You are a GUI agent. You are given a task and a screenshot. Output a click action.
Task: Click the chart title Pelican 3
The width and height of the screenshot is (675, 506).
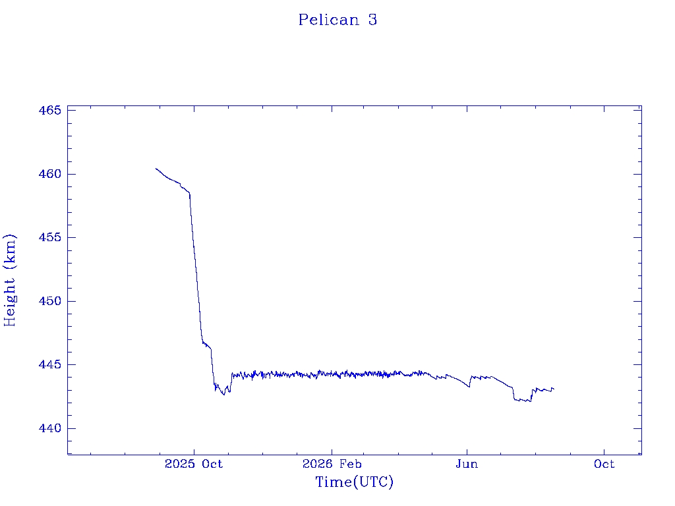coord(337,20)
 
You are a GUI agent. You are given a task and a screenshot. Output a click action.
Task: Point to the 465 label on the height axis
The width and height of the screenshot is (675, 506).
coord(50,110)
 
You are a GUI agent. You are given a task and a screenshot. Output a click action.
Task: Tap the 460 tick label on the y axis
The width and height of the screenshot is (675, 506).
coord(50,174)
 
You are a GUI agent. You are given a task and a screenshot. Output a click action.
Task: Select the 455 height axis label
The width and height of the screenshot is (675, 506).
coord(50,237)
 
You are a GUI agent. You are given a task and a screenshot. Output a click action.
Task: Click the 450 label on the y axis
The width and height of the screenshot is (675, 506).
coord(50,300)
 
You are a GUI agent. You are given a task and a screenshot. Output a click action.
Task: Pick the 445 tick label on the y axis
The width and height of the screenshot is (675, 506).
coord(50,364)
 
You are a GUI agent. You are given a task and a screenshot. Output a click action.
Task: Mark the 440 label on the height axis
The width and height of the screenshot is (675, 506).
coord(50,428)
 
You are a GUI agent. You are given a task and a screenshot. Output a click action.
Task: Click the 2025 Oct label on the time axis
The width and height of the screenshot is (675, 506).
coord(194,464)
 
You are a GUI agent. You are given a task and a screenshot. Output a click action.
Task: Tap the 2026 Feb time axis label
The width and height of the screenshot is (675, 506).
coord(332,464)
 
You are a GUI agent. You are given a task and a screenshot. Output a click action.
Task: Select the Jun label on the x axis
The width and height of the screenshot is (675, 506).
coord(467,464)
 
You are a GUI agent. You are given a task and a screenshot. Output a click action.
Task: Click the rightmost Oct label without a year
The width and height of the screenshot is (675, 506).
coord(604,464)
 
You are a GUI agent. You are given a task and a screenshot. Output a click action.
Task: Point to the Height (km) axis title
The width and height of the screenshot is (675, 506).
coord(9,280)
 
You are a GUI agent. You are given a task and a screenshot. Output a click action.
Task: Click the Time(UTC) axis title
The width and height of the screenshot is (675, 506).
coord(354,482)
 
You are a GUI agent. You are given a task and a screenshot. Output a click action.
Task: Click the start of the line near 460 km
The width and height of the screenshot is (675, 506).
coord(156,169)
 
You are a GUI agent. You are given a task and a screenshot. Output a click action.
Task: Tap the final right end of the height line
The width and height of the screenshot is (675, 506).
coord(554,389)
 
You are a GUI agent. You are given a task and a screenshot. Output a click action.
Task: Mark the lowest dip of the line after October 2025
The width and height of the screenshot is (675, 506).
coord(223,394)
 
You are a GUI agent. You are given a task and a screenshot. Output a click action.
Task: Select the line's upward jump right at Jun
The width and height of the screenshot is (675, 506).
coord(470,381)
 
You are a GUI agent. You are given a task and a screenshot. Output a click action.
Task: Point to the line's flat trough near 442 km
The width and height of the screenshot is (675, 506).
coord(522,400)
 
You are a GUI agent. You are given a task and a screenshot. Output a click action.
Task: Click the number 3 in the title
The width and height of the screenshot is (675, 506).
coord(373,20)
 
